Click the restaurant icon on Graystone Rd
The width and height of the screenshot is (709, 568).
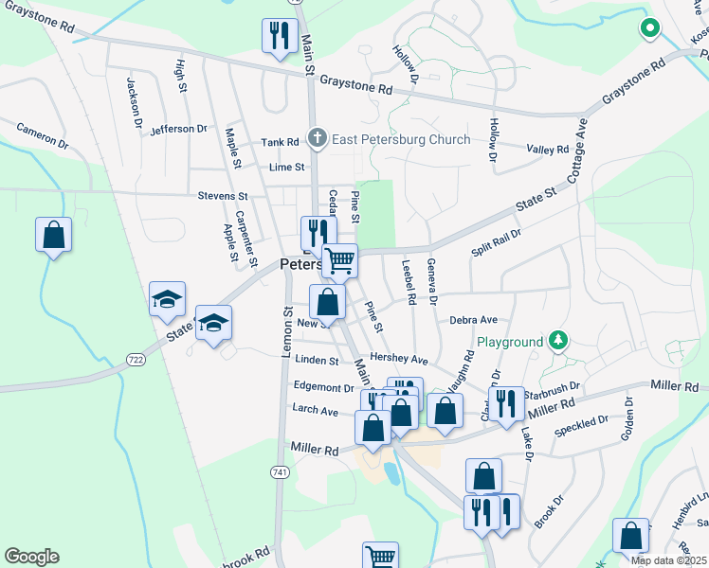click(280, 37)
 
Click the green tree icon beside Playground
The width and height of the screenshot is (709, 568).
click(558, 340)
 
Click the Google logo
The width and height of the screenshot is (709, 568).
click(31, 557)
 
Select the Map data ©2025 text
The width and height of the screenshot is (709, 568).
click(669, 560)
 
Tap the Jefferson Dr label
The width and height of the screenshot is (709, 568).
click(177, 128)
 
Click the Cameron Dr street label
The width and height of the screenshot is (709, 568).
click(43, 136)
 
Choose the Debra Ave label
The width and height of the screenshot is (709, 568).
click(473, 320)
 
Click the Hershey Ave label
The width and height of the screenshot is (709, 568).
click(399, 360)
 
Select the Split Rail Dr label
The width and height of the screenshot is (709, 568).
click(497, 242)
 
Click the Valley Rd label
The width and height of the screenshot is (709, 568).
click(548, 150)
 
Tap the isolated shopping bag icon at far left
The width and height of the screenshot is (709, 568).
click(54, 235)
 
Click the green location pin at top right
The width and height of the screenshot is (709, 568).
click(649, 28)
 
